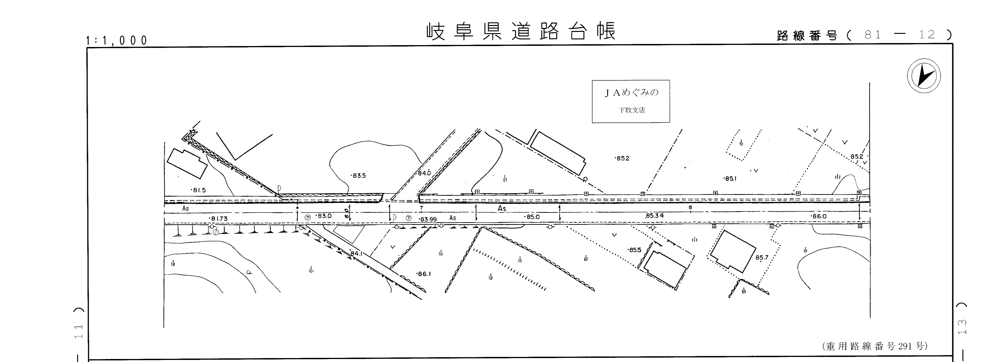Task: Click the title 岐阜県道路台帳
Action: tap(521, 32)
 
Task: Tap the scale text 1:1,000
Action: tap(117, 40)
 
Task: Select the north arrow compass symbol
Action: tap(924, 76)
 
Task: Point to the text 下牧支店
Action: tap(632, 110)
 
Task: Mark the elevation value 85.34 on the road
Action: tap(654, 216)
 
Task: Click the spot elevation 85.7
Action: tap(761, 257)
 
